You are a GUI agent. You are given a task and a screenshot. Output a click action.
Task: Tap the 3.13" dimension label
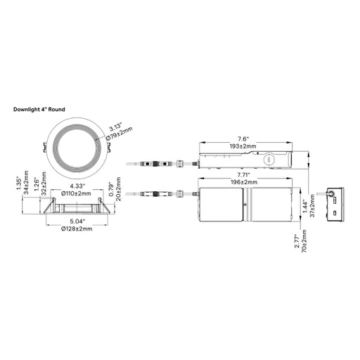tap(115, 128)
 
